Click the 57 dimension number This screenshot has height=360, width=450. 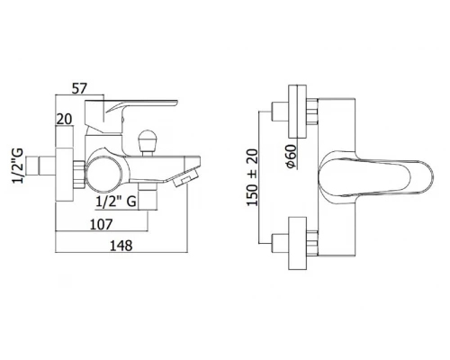(x=79, y=89)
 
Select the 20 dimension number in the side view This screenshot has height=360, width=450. (x=65, y=120)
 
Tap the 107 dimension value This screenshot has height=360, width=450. (x=102, y=224)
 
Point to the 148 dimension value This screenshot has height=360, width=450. (x=121, y=246)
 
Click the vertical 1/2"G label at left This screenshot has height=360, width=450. (x=17, y=166)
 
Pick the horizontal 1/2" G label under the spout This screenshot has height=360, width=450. (x=116, y=202)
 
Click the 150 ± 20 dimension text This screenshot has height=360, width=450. (x=252, y=177)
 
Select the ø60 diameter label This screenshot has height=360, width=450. (x=291, y=157)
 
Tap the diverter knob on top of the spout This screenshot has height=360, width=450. (x=148, y=141)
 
